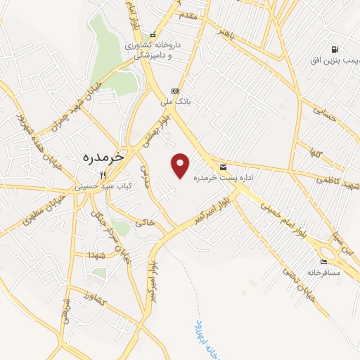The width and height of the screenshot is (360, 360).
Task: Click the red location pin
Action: click(181, 165)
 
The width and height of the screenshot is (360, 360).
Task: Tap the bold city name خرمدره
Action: click(103, 157)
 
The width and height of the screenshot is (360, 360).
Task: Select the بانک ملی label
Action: click(176, 102)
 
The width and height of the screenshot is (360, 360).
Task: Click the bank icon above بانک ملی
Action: click(175, 91)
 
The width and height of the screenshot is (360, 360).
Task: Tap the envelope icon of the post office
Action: click(223, 167)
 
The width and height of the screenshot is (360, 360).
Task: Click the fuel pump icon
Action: click(335, 49)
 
